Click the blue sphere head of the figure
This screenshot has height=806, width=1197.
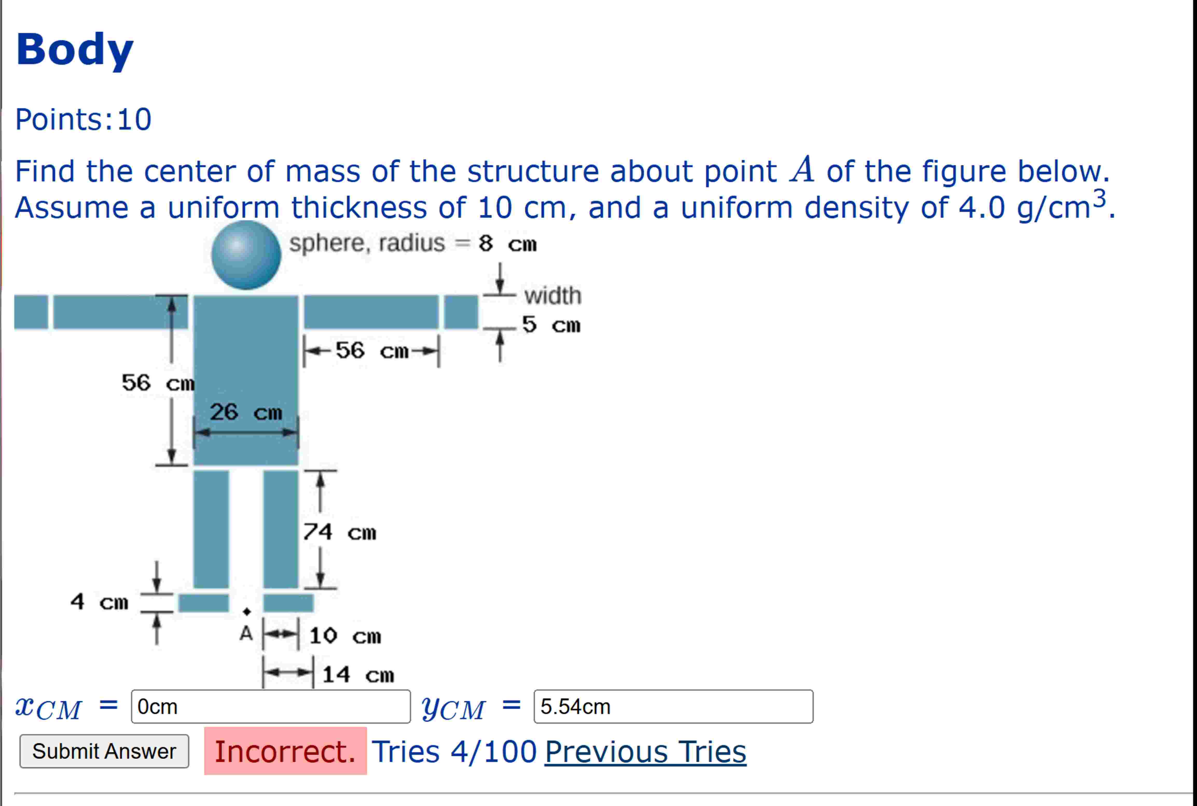(246, 255)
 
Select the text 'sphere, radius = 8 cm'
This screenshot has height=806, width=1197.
(413, 243)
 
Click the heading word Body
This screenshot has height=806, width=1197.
(75, 49)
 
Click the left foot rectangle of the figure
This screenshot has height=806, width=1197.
(204, 603)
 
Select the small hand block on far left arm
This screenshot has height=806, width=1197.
(31, 312)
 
